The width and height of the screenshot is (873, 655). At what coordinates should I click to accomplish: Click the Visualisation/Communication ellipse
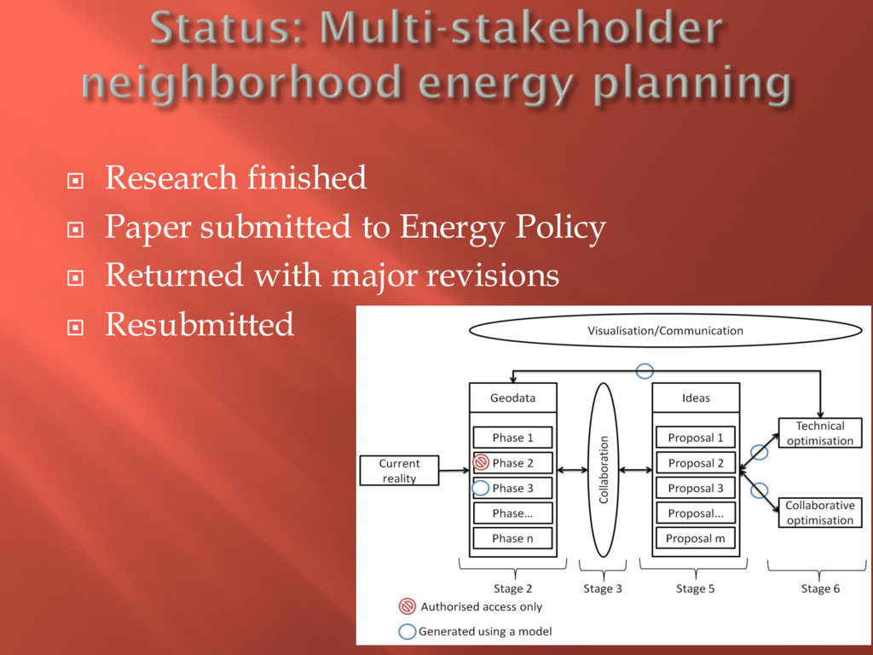665,331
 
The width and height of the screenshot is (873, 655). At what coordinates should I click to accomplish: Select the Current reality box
399,471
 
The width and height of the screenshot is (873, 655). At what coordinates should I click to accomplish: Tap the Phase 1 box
512,438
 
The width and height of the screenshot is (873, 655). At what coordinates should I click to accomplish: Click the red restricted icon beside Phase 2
481,463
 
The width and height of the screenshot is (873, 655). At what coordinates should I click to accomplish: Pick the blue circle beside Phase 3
481,488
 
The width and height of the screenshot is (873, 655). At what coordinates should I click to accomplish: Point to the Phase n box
512,538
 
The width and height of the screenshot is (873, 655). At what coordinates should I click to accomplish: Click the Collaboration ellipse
604,469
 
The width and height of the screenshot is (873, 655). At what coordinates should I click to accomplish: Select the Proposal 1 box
695,438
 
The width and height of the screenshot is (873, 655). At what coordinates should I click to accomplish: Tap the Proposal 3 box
695,488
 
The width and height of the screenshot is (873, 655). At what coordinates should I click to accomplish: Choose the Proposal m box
695,538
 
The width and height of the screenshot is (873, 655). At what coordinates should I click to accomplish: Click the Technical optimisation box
819,433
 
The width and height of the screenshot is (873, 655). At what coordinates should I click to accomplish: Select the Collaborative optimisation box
819,513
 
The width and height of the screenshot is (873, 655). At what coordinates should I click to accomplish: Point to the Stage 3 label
603,588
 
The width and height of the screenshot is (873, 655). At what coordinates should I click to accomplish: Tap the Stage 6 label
820,588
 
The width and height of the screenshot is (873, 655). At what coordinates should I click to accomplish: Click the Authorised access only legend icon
408,607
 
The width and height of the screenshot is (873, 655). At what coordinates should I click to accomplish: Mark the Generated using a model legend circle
408,632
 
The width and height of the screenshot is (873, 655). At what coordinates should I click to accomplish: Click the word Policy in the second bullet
560,228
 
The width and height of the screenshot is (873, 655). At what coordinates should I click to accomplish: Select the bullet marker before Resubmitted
74,326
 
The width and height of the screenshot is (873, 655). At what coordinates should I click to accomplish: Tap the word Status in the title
224,32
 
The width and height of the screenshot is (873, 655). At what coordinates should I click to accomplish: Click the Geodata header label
512,397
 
